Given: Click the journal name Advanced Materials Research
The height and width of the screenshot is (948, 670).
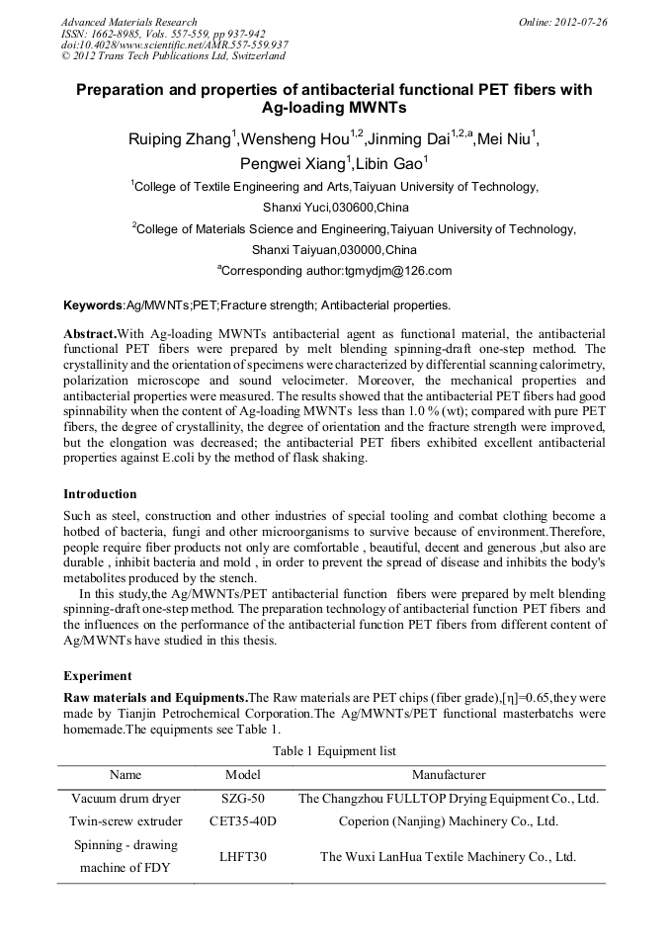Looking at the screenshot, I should coord(129,22).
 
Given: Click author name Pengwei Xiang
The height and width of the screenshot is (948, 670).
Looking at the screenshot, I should coord(292,163).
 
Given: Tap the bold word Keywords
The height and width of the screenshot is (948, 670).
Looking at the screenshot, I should coord(93,305).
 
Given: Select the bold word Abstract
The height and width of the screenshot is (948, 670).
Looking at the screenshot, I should coord(90,335).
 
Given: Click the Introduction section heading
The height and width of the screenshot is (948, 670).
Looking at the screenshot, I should coord(100,493).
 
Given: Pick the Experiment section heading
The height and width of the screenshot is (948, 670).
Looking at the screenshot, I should coord(97,676).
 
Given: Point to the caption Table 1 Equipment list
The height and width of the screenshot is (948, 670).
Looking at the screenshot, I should coord(334,751).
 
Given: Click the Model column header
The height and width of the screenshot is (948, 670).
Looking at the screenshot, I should coord(242,775).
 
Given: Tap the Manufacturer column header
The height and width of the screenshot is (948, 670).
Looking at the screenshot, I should coord(449,775).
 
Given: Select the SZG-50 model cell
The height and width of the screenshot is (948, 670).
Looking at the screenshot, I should coord(242,798).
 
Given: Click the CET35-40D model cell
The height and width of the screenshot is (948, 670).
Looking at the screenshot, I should coord(242,820).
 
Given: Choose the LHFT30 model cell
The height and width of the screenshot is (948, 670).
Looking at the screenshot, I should coord(242,857).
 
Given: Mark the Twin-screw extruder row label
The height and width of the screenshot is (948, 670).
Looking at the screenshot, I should coord(126,820).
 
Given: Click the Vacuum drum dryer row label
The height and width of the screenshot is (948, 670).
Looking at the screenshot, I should coord(126,798).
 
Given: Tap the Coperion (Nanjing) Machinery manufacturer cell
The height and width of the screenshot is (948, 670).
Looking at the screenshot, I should coord(449,820).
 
